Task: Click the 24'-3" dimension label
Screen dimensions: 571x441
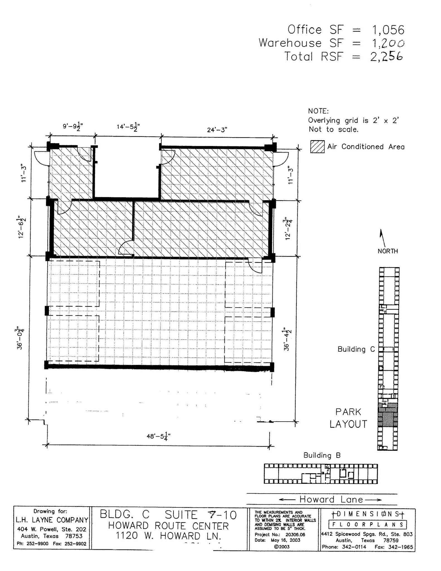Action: click(217, 130)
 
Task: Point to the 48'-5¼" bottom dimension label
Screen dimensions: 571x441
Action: click(159, 436)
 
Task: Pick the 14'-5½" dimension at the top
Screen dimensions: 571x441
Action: click(128, 127)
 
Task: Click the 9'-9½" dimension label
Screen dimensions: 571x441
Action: click(73, 126)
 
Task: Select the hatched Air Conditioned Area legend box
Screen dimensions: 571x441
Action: click(317, 147)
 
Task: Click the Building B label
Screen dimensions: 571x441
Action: click(322, 455)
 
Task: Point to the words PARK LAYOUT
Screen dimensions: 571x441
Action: click(348, 418)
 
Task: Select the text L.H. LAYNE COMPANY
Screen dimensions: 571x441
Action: click(52, 520)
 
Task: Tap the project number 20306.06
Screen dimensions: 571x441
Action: click(295, 534)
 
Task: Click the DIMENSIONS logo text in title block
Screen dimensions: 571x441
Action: click(367, 513)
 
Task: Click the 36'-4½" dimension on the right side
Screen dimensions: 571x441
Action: click(287, 339)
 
